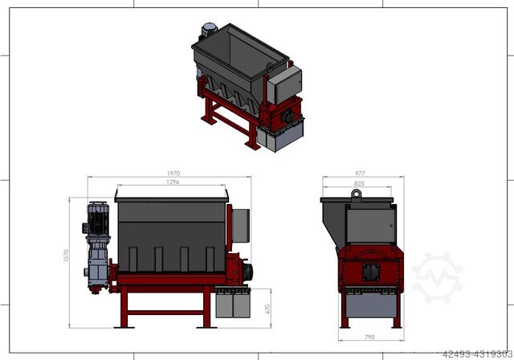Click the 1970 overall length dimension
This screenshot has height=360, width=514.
(x=173, y=173)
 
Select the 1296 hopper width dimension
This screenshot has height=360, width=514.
(x=173, y=182)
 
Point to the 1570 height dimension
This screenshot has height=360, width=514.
(x=66, y=256)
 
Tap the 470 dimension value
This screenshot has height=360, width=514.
(x=267, y=309)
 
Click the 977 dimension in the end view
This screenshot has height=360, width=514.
(x=360, y=173)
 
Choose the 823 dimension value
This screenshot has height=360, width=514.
(x=359, y=183)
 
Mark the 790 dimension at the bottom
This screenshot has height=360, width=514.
(x=369, y=337)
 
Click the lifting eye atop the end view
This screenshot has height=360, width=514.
(x=356, y=194)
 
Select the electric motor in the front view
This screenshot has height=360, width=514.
(x=98, y=219)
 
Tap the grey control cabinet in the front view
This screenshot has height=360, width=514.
(x=241, y=226)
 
